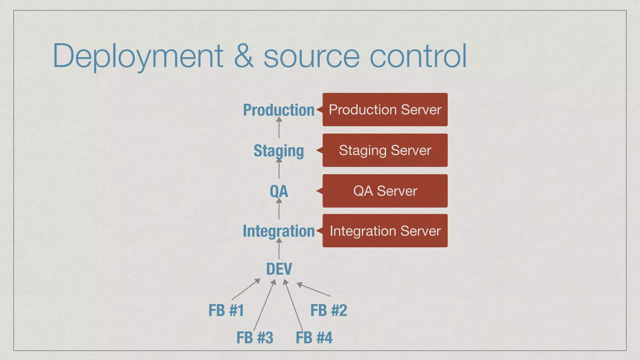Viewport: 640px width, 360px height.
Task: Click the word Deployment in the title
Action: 138,56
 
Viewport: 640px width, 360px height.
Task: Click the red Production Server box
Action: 385,110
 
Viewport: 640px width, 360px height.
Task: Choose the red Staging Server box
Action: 385,150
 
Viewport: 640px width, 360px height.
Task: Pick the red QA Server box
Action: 385,191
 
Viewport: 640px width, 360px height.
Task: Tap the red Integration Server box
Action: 385,231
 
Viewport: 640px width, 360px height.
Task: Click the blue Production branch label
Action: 279,110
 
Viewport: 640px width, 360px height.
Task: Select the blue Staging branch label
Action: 279,151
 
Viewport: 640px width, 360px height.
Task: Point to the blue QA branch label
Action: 279,191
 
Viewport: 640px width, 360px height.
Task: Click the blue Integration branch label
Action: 279,231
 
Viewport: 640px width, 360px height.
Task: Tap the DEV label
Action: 279,269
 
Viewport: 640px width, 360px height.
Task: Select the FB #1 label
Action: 226,310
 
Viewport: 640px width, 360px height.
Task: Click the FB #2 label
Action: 329,310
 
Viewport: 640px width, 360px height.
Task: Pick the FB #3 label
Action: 255,338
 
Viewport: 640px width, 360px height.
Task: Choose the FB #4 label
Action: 314,338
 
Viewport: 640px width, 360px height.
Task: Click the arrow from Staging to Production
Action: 279,128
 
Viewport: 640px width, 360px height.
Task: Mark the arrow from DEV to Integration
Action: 279,249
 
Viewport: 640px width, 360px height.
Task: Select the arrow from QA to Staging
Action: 279,169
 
